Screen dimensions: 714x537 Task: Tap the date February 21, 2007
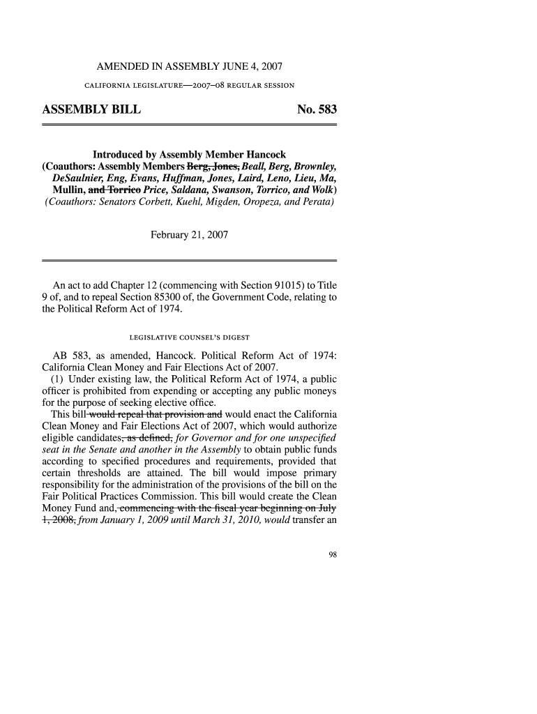tap(189, 235)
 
